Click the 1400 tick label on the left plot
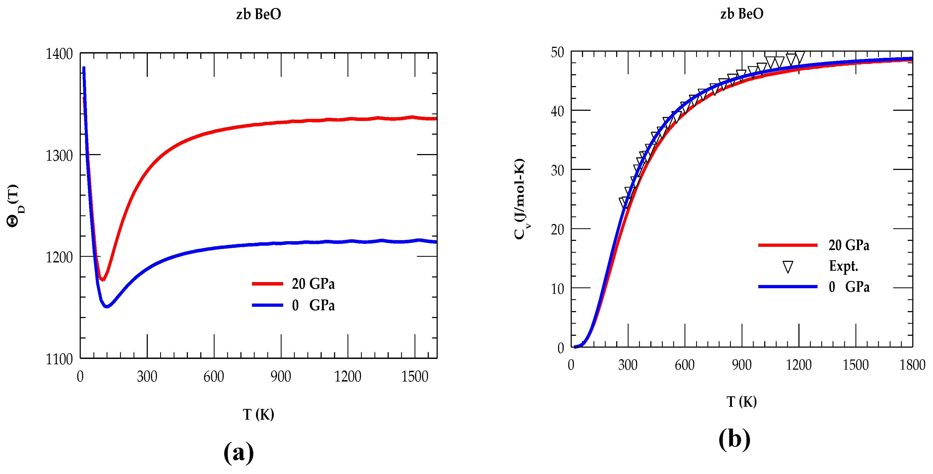click(x=59, y=54)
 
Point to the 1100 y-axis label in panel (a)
click(x=59, y=359)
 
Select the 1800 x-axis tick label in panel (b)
click(x=912, y=365)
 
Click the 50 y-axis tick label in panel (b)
click(x=557, y=52)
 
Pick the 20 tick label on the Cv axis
click(x=557, y=229)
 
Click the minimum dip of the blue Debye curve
click(x=107, y=306)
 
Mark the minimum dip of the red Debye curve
click(x=103, y=279)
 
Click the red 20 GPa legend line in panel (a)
click(x=267, y=284)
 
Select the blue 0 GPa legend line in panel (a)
click(x=267, y=305)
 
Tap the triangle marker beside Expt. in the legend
click(x=787, y=267)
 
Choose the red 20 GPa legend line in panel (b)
click(x=787, y=245)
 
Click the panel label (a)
click(x=239, y=452)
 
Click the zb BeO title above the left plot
click(x=259, y=14)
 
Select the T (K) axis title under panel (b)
click(x=741, y=402)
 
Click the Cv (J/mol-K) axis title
click(x=520, y=199)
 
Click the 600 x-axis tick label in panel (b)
click(x=684, y=365)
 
